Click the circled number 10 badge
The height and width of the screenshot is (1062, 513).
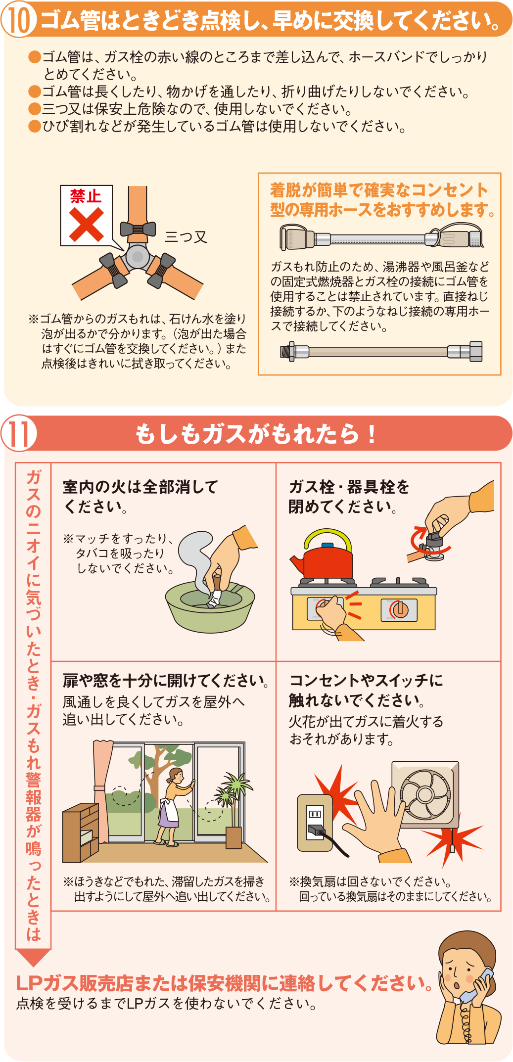point(18,20)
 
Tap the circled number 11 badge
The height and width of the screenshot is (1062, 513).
point(19,433)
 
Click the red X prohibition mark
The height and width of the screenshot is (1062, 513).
point(86,224)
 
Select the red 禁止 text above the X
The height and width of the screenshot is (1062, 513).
point(86,196)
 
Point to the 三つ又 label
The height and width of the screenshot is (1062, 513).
point(186,237)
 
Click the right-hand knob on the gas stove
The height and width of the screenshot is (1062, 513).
point(400,609)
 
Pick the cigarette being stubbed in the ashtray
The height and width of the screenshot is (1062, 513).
point(216,593)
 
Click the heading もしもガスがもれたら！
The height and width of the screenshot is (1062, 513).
point(255,434)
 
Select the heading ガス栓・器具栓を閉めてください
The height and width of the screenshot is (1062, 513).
point(349,497)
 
